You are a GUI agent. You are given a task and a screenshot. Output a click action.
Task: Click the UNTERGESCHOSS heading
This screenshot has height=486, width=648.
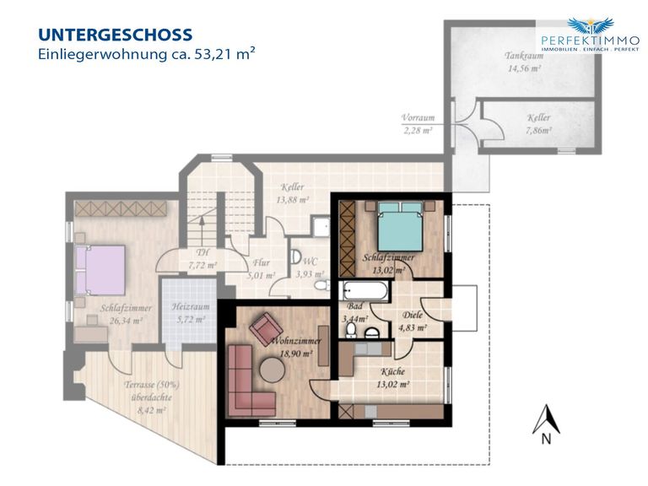116,35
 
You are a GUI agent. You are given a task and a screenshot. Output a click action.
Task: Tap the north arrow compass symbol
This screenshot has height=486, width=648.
546,424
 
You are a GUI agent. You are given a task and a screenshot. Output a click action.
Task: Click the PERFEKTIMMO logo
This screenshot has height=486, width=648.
590,35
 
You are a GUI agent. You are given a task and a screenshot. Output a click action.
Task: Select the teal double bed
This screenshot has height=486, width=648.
401,226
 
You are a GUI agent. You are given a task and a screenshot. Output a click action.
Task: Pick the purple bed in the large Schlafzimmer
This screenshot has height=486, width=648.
100,270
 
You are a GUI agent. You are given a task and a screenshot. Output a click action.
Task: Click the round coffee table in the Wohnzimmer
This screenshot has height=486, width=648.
272,370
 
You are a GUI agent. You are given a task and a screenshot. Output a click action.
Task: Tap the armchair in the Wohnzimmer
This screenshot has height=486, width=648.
267,328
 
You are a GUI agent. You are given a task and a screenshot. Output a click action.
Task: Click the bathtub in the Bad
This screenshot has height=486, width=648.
364,291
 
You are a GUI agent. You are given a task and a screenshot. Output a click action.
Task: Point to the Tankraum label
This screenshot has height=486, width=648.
524,56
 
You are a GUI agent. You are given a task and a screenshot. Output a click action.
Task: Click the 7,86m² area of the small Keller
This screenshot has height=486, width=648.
539,131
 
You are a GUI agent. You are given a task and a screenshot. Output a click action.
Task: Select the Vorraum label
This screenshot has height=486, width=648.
418,118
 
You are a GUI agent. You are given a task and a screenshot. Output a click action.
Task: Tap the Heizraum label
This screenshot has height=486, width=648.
191,306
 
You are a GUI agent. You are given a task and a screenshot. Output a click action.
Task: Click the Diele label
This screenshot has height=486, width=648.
413,315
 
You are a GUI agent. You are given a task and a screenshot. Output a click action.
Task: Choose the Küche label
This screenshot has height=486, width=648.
393,371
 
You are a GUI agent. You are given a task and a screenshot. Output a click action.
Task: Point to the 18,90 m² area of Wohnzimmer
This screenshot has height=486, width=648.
296,354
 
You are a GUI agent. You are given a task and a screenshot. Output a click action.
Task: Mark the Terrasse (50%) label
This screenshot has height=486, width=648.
152,385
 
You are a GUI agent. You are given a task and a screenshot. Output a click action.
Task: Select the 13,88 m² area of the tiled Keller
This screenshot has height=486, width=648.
292,200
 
